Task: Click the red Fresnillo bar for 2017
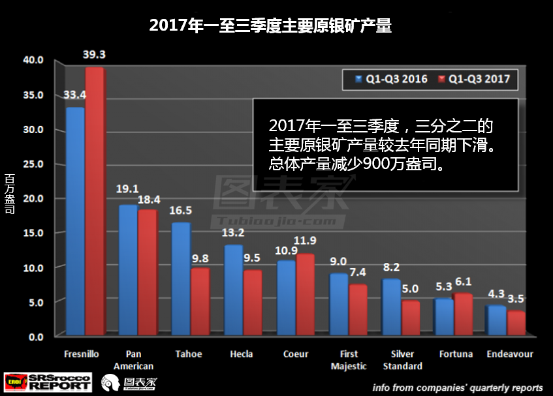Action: [95, 202]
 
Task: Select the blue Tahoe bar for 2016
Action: [181, 281]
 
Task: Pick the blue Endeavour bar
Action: [496, 321]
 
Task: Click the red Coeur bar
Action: [306, 295]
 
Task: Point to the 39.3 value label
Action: [95, 53]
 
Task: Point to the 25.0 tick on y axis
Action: [33, 164]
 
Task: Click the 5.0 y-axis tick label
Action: [35, 302]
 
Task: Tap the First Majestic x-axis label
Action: [349, 359]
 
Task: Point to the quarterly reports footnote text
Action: [458, 387]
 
